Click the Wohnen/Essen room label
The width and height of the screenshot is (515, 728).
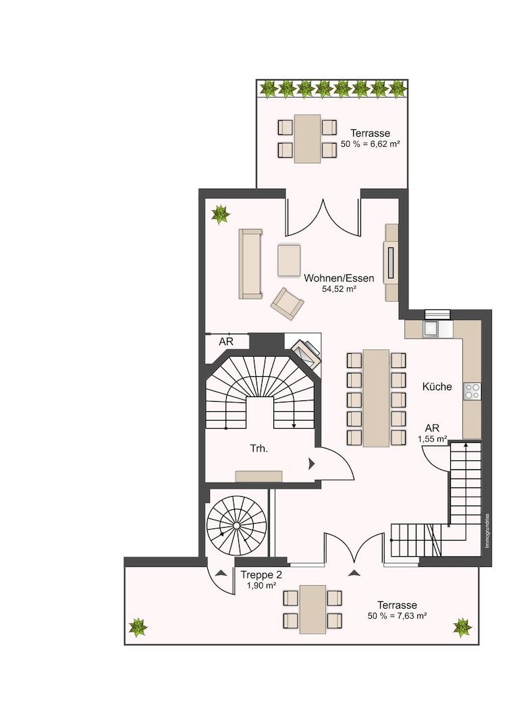coord(339,278)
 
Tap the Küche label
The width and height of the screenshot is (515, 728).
coord(437,386)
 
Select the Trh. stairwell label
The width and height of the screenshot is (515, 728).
coord(259,449)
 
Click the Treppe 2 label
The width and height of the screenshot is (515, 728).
coord(261,575)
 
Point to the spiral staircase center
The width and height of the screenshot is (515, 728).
coord(236,526)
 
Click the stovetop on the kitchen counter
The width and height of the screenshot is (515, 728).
coord(473,391)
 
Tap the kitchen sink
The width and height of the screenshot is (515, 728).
coord(431,329)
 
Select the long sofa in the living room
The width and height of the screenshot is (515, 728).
coord(250,264)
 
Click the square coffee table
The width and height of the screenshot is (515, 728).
coord(289,260)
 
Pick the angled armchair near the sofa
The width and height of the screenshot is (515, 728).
coord(288,303)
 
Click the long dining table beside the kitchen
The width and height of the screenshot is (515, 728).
coord(376,398)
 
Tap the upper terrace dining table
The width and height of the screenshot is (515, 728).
coord(307,139)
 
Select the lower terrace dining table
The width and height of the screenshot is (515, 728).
coord(313,609)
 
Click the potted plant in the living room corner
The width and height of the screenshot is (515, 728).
coord(220,215)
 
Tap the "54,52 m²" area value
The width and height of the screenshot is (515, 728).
coord(339,289)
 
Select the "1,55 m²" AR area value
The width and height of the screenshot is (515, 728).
coord(432,438)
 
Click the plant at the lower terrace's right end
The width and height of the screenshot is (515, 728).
coord(462,628)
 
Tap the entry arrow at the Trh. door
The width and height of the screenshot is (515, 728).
coord(311,463)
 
